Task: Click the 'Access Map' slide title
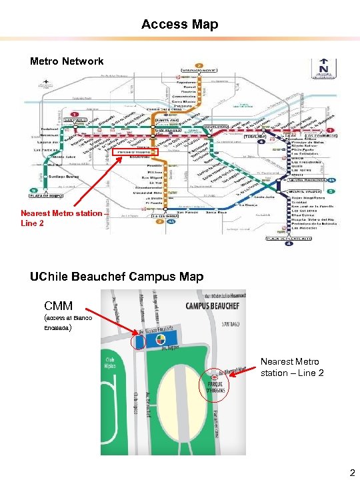[x=179, y=25]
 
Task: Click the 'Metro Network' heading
[x=67, y=61]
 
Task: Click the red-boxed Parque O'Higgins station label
[x=136, y=154]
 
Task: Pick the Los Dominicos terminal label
[x=322, y=135]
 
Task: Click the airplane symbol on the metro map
[x=46, y=85]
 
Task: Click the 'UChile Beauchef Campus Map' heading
[x=117, y=277]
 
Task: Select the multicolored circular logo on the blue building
[x=161, y=341]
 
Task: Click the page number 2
[x=352, y=473]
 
